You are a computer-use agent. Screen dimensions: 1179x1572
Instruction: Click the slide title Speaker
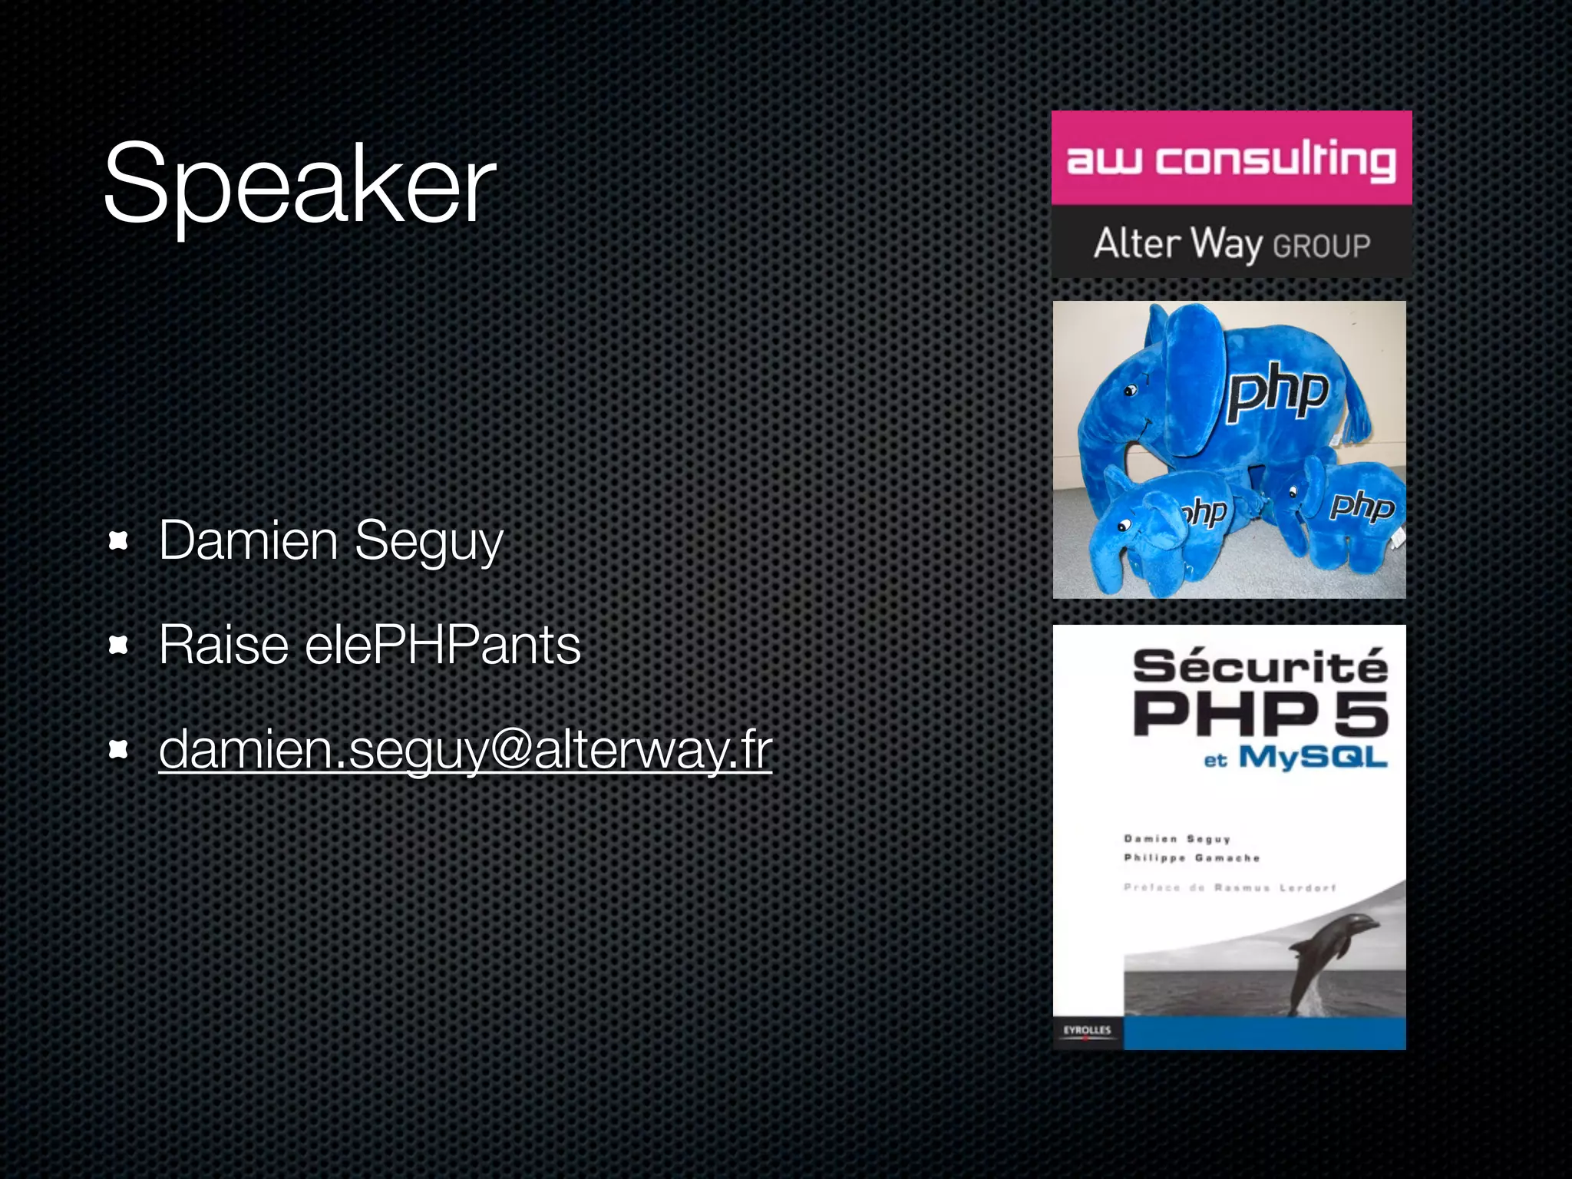(x=299, y=184)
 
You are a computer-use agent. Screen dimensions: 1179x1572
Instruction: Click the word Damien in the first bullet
(x=248, y=541)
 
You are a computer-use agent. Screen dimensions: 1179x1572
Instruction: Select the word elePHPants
(x=443, y=645)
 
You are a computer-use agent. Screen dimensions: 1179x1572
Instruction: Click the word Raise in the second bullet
(x=223, y=645)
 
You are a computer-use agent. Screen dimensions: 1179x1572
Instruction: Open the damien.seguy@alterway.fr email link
(x=465, y=749)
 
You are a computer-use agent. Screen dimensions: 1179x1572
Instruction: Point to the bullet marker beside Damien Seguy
(x=118, y=541)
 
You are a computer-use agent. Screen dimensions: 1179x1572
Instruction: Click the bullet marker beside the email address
(x=118, y=749)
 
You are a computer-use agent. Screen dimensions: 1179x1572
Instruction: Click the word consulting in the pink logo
(x=1276, y=161)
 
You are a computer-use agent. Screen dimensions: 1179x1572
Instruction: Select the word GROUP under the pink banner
(x=1321, y=246)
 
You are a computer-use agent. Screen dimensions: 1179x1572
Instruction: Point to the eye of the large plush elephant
(x=1129, y=391)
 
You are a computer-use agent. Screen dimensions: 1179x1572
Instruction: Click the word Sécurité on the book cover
(x=1260, y=665)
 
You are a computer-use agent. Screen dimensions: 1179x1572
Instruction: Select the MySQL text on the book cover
(x=1313, y=758)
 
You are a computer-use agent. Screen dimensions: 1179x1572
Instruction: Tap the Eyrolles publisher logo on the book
(x=1087, y=1031)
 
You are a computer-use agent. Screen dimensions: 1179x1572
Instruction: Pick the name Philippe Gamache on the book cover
(x=1191, y=858)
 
